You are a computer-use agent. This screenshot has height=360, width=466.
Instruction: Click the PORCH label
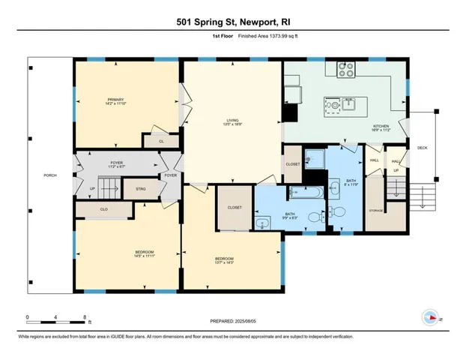pos(50,175)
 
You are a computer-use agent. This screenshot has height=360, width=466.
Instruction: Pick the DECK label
pos(422,148)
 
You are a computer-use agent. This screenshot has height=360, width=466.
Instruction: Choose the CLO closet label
pos(105,209)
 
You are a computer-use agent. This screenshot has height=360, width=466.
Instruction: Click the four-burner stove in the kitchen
pos(345,69)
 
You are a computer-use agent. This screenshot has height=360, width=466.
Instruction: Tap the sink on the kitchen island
pos(348,103)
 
